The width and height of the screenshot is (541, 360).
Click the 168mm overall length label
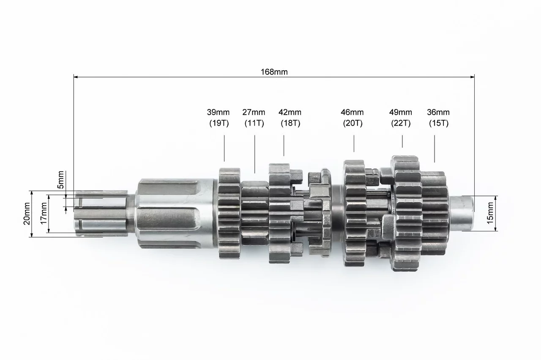(274, 72)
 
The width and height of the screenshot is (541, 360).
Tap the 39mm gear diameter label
(218, 112)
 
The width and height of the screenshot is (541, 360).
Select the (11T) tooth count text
(254, 123)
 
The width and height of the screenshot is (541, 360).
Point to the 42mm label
(290, 112)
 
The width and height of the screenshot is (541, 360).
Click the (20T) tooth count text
(353, 123)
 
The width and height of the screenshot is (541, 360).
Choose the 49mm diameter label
(400, 112)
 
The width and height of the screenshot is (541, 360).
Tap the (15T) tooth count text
(439, 123)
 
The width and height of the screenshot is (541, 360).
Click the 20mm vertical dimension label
(27, 214)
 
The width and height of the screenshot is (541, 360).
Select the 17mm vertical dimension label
(44, 213)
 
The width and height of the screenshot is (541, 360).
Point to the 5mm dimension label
(60, 180)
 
